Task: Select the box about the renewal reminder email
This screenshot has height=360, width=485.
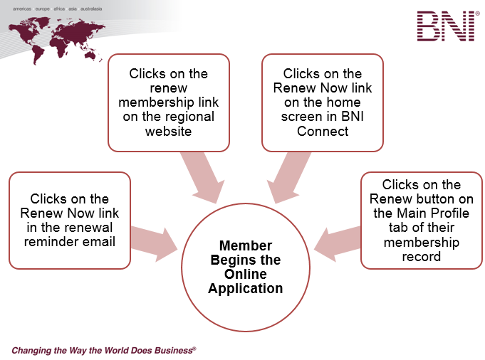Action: pyautogui.click(x=70, y=220)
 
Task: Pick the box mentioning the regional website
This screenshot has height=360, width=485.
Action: pyautogui.click(x=169, y=102)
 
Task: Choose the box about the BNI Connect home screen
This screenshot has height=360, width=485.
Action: pyautogui.click(x=323, y=102)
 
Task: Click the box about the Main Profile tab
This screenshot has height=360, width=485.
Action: pyautogui.click(x=421, y=220)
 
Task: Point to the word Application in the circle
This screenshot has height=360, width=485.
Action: pyautogui.click(x=245, y=288)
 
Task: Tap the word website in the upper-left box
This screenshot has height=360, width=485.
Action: pyautogui.click(x=169, y=132)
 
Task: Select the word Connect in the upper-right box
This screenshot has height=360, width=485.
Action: pyautogui.click(x=323, y=132)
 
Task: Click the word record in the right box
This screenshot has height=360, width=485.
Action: pyautogui.click(x=421, y=257)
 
